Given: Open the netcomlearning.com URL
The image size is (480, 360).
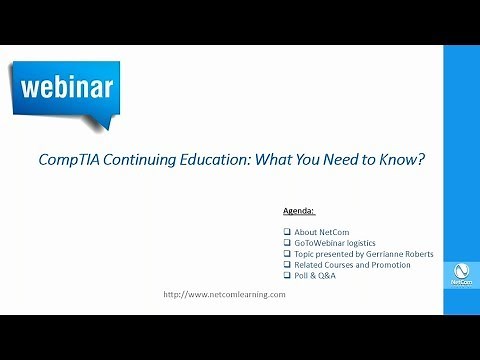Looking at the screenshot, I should point(224,294).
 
